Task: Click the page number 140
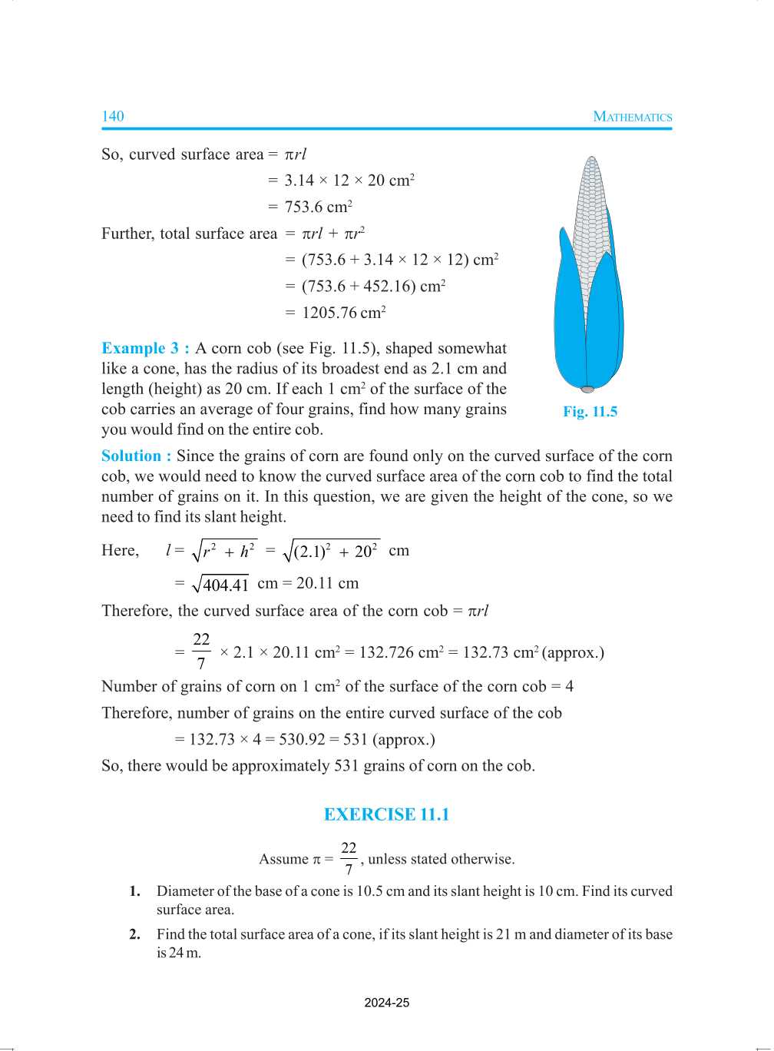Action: coord(112,116)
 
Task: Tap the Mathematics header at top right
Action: coord(632,117)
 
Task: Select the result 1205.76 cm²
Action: coord(343,313)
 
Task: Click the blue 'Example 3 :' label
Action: coord(145,348)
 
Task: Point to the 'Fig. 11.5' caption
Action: coord(590,412)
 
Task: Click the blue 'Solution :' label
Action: coord(136,456)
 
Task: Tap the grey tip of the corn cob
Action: coord(591,163)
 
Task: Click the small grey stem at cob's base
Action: coord(587,390)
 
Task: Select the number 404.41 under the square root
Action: coord(225,585)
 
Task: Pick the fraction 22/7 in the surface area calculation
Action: coord(201,651)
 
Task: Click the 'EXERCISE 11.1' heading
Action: coord(386,814)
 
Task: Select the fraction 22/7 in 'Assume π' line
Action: coord(349,858)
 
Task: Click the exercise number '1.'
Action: coord(135,891)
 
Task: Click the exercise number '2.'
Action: coord(135,934)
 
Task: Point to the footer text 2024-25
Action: coord(386,1003)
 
